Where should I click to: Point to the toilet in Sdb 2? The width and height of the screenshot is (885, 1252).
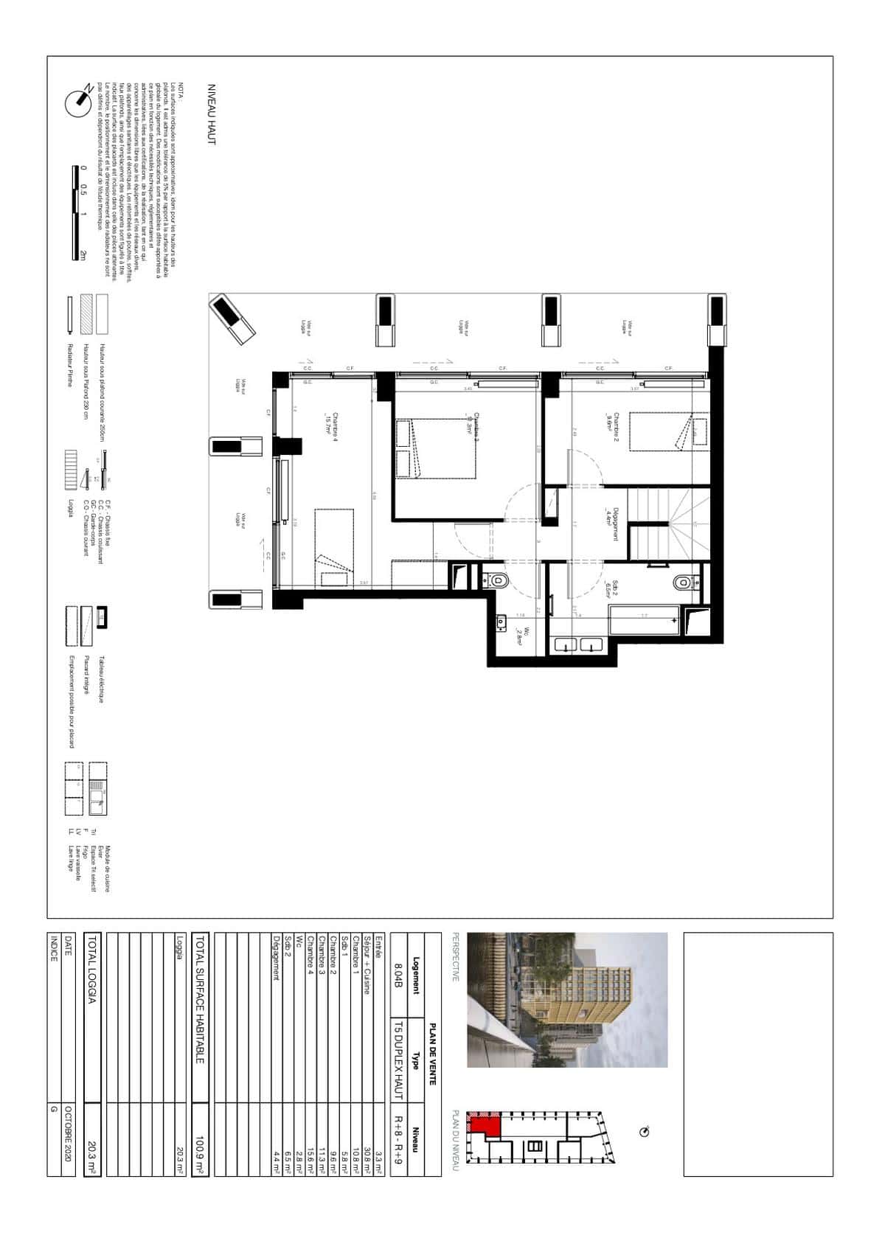[684, 582]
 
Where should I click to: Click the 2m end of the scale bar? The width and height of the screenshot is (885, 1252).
[83, 255]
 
